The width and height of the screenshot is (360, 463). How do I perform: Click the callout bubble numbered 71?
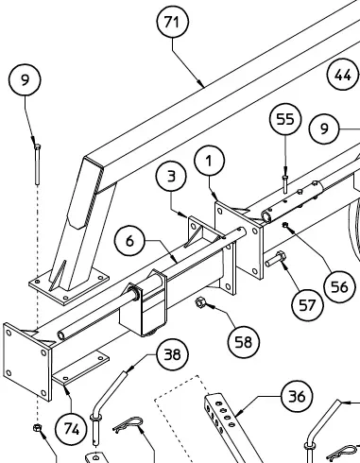click(x=173, y=22)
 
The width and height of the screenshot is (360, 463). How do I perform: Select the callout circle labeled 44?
click(x=343, y=75)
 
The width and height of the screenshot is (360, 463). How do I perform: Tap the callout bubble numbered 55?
click(x=285, y=119)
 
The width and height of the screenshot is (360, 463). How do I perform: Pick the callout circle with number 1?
click(x=210, y=161)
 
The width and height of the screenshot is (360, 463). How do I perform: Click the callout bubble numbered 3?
click(x=171, y=176)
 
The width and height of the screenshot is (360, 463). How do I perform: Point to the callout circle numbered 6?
click(x=129, y=241)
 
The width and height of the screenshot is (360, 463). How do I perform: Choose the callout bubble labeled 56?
click(x=340, y=287)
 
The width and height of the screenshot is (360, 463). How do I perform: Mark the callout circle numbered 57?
click(x=307, y=305)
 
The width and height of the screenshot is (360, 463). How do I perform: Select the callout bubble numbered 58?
click(x=244, y=342)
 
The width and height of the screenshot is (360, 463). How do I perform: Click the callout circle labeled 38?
click(x=172, y=354)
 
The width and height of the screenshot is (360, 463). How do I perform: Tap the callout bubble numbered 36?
click(x=297, y=397)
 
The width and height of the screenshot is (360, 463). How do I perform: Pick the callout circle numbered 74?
click(x=72, y=429)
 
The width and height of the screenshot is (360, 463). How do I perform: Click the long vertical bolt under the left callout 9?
click(x=37, y=164)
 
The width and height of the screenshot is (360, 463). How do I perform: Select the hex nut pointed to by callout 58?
click(x=200, y=302)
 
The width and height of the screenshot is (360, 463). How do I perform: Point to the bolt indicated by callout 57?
click(x=275, y=259)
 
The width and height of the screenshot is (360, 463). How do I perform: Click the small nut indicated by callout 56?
click(x=285, y=225)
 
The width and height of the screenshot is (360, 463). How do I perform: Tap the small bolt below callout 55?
click(x=285, y=184)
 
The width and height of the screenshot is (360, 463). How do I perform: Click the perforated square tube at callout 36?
click(x=232, y=428)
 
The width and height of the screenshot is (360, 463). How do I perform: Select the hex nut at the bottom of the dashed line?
click(x=37, y=428)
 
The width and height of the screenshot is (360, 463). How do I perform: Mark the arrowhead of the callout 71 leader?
click(x=201, y=84)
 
